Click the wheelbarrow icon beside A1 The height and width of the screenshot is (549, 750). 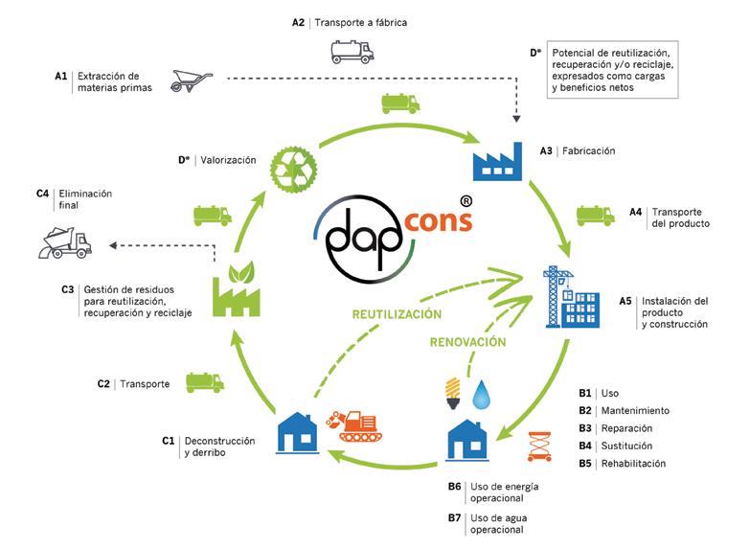pyautogui.click(x=190, y=81)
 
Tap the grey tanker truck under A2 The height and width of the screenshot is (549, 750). pyautogui.click(x=352, y=50)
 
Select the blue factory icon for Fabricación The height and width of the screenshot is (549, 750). pyautogui.click(x=500, y=157)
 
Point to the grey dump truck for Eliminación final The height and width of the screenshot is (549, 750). pyautogui.click(x=64, y=243)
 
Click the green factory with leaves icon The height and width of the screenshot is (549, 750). pyautogui.click(x=236, y=287)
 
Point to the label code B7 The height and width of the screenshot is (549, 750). pyautogui.click(x=455, y=518)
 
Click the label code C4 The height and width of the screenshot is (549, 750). pyautogui.click(x=42, y=194)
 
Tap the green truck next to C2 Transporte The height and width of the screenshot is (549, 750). pyautogui.click(x=205, y=381)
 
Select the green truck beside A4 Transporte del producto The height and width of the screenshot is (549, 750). pyautogui.click(x=594, y=217)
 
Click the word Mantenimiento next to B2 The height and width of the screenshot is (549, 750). pyautogui.click(x=636, y=410)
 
